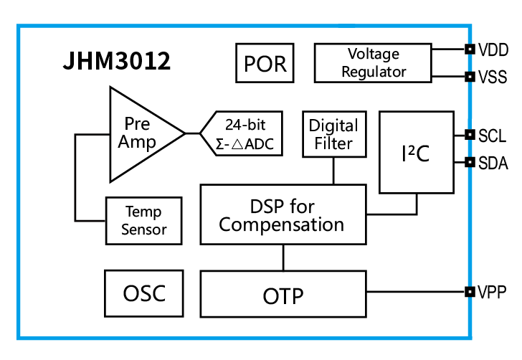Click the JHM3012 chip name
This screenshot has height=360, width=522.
point(117,62)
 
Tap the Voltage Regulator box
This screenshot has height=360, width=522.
point(373,63)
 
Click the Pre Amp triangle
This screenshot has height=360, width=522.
point(140,133)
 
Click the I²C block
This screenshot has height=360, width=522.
point(416,152)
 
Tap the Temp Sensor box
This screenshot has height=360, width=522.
point(144,220)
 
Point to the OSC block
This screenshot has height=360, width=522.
point(143,293)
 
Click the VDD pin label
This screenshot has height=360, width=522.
point(493,49)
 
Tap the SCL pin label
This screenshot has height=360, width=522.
point(493,135)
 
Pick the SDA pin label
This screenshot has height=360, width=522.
point(493,164)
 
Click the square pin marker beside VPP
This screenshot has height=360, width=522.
point(470,292)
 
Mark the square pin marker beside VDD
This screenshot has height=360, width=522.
point(470,49)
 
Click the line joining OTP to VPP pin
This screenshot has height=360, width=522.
point(416,292)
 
